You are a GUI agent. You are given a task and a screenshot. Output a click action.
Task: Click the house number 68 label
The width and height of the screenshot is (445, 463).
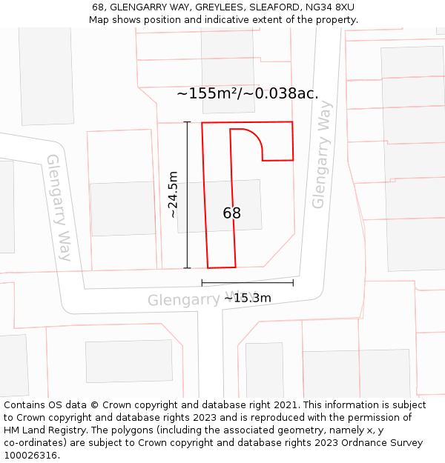pos(231,213)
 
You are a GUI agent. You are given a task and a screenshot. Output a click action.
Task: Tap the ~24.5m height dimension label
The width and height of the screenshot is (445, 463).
pos(173,194)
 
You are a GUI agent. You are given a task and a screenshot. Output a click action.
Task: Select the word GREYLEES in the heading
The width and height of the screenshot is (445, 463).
pos(215,7)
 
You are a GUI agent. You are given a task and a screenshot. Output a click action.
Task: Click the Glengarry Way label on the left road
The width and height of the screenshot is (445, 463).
pos(59,207)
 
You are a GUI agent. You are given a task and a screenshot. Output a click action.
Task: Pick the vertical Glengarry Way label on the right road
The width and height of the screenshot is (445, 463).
pos(321,155)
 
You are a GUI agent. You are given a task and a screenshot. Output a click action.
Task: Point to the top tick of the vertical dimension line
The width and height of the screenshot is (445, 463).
pos(187,122)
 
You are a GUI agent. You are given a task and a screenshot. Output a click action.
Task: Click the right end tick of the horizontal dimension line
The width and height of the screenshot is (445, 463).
pos(293,282)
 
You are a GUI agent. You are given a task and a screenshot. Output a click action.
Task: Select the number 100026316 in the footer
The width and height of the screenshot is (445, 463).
pos(30,456)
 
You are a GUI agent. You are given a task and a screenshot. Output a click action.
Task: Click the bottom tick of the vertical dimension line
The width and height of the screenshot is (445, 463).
pos(187,267)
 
